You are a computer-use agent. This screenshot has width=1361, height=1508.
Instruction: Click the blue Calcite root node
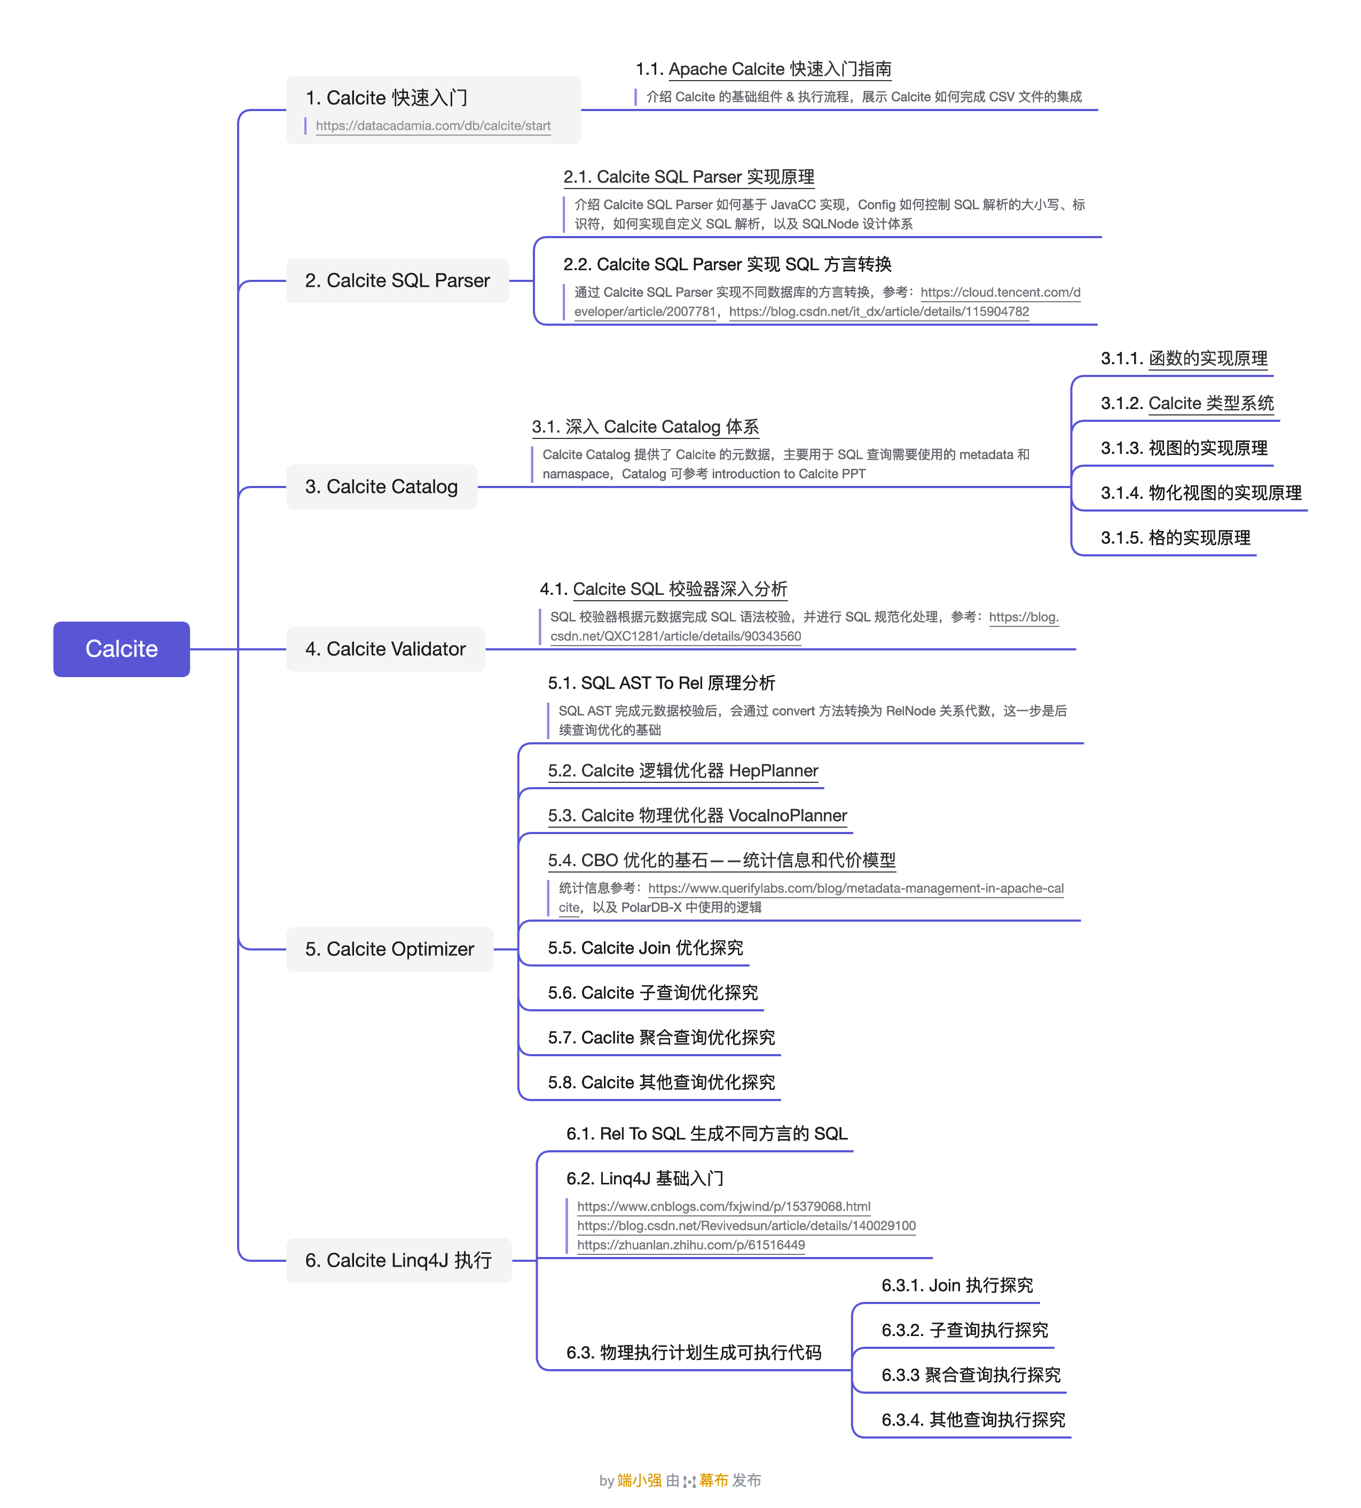121,648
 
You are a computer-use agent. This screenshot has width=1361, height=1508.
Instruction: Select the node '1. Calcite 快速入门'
386,98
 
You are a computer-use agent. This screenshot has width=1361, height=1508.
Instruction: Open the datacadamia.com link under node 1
433,125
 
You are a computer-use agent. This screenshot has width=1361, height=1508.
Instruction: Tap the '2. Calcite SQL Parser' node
397,280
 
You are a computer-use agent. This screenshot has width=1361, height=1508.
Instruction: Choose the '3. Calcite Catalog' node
381,487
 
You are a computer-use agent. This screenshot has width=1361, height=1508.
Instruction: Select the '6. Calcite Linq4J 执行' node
398,1260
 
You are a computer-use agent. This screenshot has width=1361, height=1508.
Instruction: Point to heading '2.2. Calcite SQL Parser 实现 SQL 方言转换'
727,264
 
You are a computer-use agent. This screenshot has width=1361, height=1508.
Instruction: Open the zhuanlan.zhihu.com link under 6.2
691,1245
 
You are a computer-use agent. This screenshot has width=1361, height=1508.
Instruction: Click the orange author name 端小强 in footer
639,1480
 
